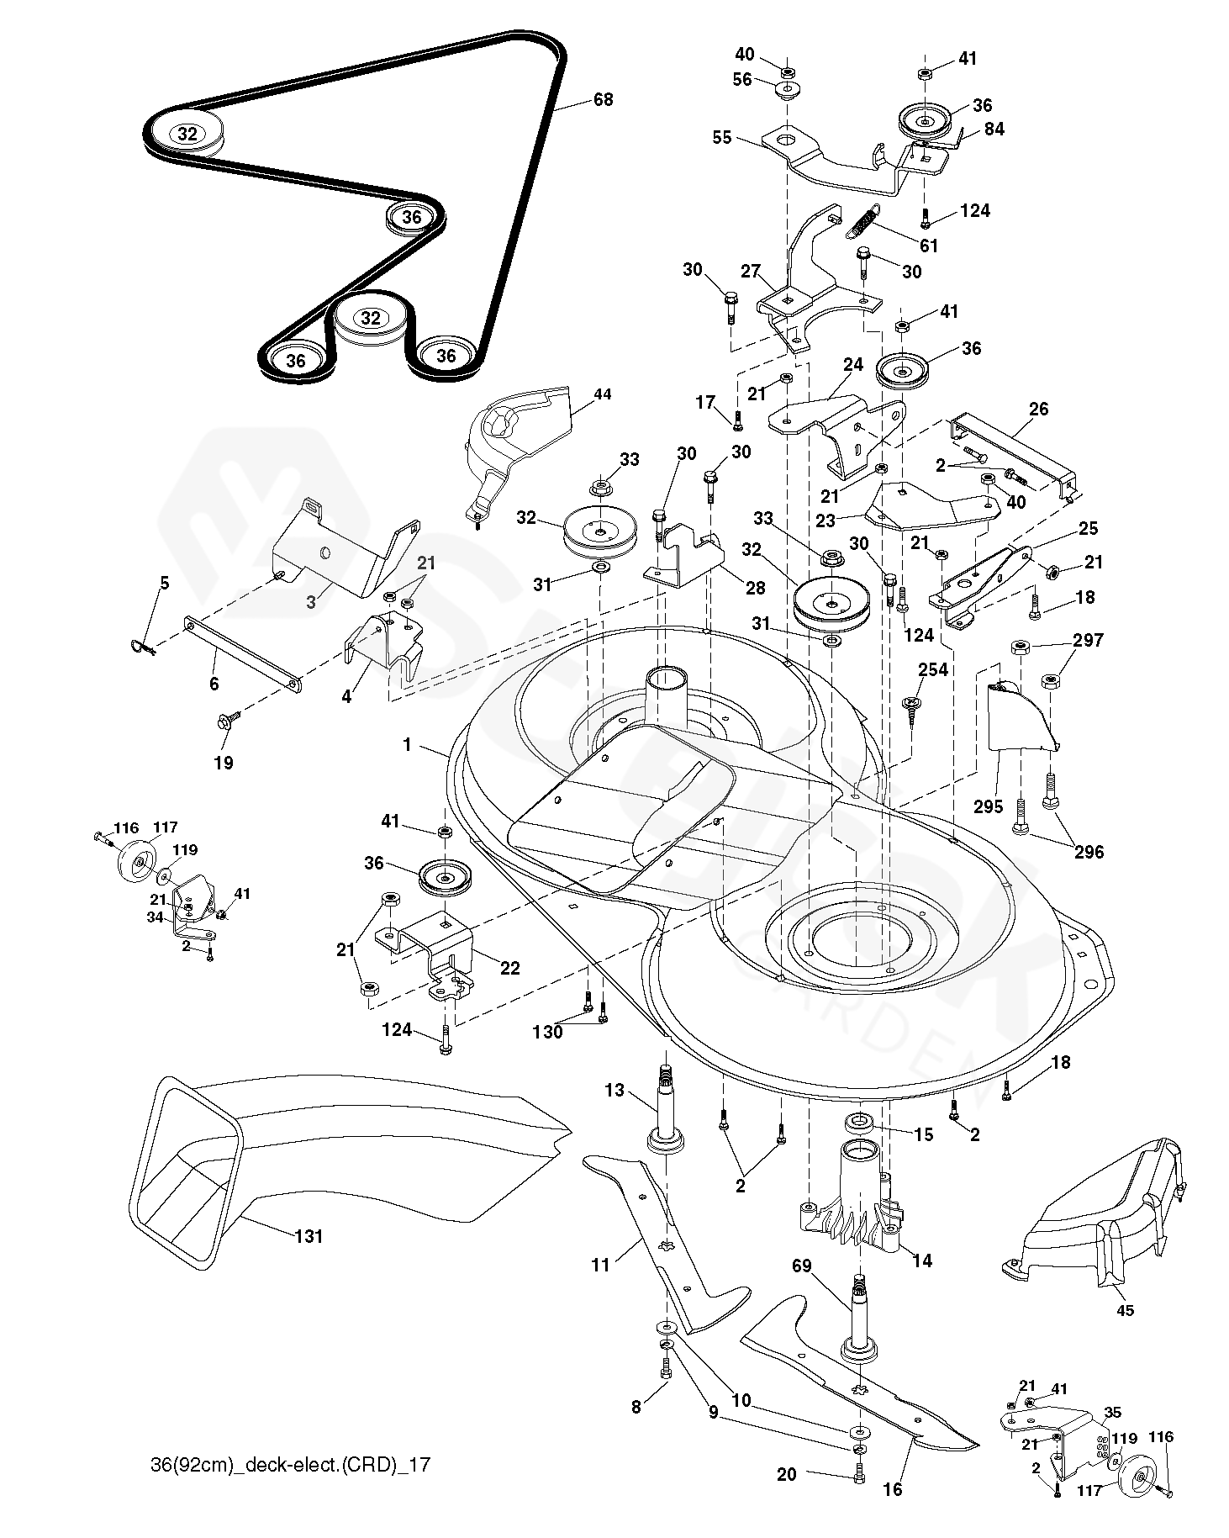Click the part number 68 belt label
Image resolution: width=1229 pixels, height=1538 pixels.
coord(603,99)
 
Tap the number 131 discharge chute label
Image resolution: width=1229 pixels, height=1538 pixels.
coord(309,1236)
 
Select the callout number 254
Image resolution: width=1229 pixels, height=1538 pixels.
coord(932,669)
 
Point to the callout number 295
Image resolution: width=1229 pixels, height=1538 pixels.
coord(989,807)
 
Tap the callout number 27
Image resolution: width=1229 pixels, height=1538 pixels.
coord(750,271)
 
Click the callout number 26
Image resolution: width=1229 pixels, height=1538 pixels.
coord(1038,409)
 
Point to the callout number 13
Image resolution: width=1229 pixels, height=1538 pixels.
coord(615,1090)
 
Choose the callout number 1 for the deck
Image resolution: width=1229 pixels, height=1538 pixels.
coord(407,745)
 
